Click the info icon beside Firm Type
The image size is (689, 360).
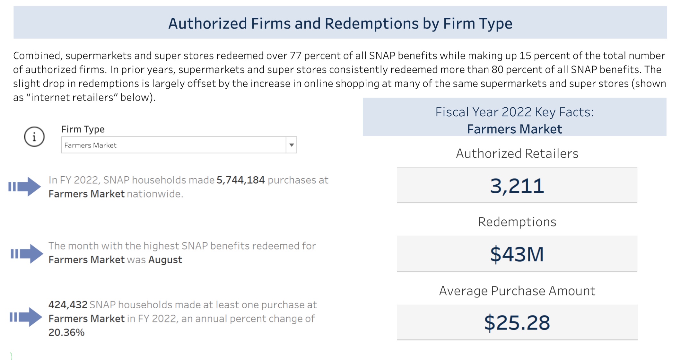(x=34, y=137)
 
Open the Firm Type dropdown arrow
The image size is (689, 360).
(x=291, y=145)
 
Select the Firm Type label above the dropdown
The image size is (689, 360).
(x=83, y=129)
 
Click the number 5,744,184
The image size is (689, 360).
(x=240, y=180)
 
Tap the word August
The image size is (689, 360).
(x=165, y=260)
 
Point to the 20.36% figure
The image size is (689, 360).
(x=66, y=332)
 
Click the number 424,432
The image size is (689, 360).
(x=68, y=305)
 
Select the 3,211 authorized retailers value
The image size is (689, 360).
(x=517, y=186)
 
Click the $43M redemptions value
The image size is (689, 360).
(x=517, y=254)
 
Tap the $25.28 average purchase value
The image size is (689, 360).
(x=517, y=323)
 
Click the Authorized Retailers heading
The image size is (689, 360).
(x=517, y=154)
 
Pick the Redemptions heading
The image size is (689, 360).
(x=517, y=222)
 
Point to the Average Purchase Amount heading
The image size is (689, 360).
(x=517, y=291)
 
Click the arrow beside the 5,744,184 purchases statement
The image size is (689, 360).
(x=25, y=187)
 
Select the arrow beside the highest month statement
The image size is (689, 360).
(x=27, y=254)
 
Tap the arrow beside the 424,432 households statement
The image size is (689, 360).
(x=26, y=317)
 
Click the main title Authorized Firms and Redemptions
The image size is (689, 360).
(x=340, y=23)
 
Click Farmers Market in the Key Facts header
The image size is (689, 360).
(x=514, y=129)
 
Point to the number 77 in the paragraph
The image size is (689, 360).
(x=295, y=56)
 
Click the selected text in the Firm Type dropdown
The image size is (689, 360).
(x=90, y=145)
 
